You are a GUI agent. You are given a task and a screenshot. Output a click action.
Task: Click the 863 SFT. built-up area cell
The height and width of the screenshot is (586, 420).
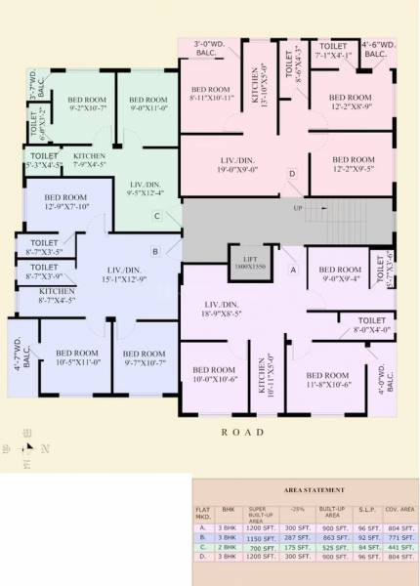pyautogui.click(x=331, y=536)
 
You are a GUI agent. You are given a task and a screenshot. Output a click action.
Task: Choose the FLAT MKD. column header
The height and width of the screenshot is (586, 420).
pyautogui.click(x=202, y=513)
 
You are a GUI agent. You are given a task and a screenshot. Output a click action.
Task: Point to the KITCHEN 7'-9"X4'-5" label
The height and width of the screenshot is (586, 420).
pyautogui.click(x=90, y=161)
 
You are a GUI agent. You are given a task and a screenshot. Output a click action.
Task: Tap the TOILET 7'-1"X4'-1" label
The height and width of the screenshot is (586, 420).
pyautogui.click(x=334, y=50)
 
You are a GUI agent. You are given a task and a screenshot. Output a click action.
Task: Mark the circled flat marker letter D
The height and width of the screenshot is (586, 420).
pyautogui.click(x=292, y=174)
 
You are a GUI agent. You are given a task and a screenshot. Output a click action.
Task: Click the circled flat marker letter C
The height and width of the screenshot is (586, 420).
pyautogui.click(x=156, y=216)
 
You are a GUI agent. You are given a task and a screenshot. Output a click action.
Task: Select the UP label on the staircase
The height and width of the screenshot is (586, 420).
pyautogui.click(x=298, y=208)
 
